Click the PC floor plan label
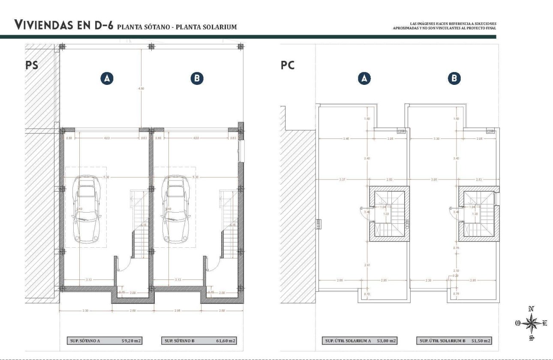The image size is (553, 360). click(x=288, y=66)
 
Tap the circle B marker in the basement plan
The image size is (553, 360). click(x=197, y=78)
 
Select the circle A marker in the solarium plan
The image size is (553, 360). click(x=364, y=78)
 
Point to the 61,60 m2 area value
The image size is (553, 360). click(x=225, y=341)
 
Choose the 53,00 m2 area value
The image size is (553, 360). click(x=386, y=341)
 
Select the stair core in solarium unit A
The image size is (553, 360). click(x=389, y=213)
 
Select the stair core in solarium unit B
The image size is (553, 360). click(x=478, y=213)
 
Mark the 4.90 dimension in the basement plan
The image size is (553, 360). click(x=141, y=88)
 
